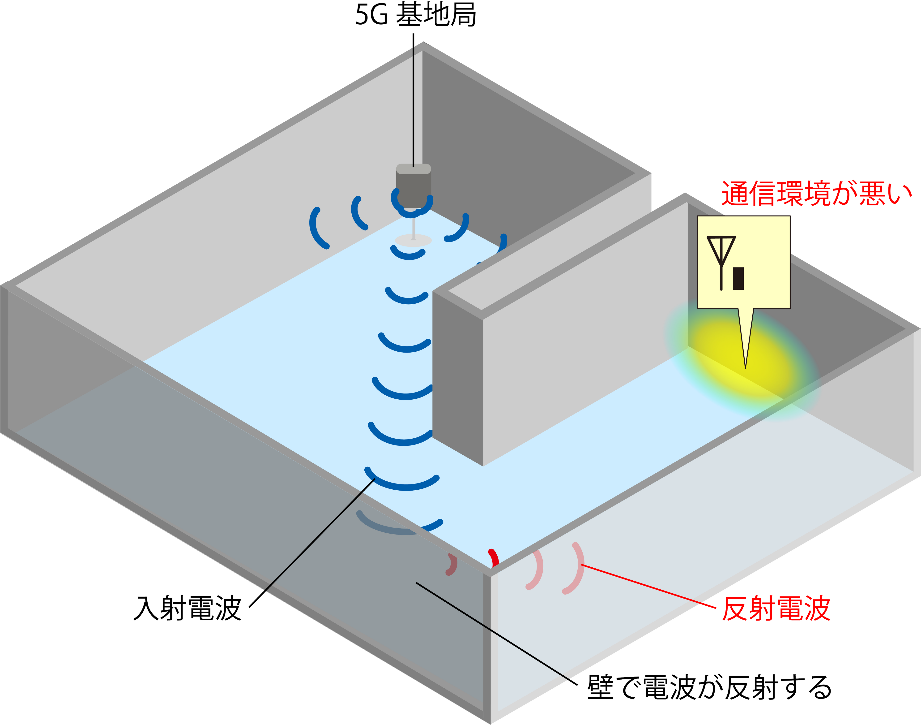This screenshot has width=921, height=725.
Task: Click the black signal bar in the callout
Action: tap(739, 278)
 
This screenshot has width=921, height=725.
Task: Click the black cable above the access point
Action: tap(413, 106)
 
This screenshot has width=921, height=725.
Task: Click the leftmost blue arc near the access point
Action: tap(316, 228)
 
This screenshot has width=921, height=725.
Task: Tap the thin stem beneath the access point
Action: tap(413, 227)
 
